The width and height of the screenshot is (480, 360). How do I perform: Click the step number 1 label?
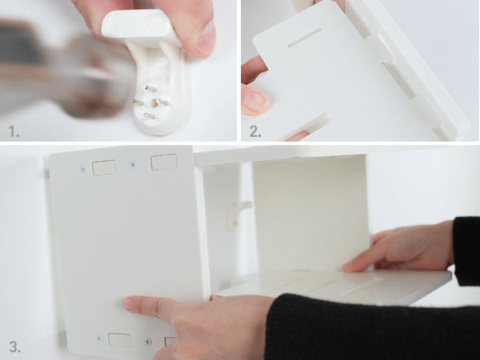(x=14, y=130)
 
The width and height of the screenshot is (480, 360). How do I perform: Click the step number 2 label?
(x=255, y=130)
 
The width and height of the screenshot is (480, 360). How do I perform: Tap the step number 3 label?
(x=14, y=347)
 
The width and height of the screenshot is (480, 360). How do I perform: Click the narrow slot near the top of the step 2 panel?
(x=304, y=36)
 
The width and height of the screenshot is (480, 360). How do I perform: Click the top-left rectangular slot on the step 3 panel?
(x=103, y=167)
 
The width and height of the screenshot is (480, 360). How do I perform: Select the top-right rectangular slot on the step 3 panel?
(x=163, y=162)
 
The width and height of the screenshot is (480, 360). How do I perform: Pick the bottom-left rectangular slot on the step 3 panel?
(x=119, y=339)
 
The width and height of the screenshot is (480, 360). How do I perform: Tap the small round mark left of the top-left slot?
(x=82, y=170)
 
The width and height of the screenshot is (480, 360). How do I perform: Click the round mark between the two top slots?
(x=133, y=165)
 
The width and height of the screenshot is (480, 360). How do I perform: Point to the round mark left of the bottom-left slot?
(x=99, y=338)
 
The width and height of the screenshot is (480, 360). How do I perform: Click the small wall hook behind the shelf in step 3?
(x=236, y=211)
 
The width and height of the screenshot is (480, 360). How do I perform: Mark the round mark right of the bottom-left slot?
(x=147, y=342)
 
